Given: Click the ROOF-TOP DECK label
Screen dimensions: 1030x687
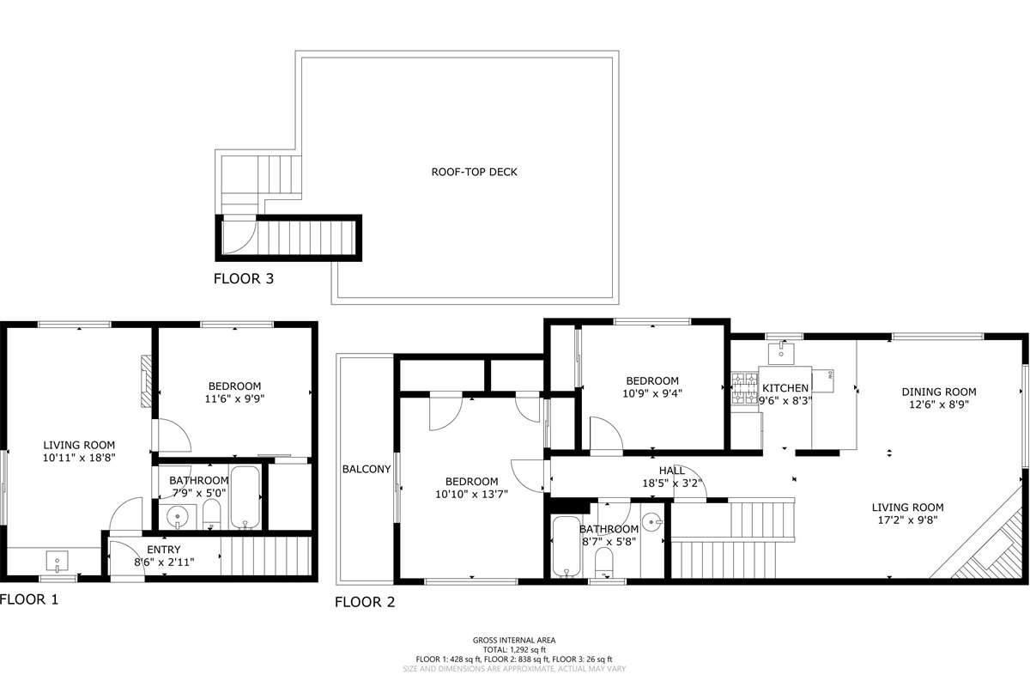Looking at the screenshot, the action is pos(474,172).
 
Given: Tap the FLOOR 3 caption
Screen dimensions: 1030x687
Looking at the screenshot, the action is pos(244,278).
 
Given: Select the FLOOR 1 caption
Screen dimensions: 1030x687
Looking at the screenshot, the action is pos(29,599).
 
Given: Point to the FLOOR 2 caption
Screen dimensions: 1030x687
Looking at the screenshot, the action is pos(365,602).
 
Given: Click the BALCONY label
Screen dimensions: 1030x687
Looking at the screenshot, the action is pos(367,469).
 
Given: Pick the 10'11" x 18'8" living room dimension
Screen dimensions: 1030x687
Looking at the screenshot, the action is pos(79,458).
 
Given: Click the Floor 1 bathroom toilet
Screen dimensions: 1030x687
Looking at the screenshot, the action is pos(211,515).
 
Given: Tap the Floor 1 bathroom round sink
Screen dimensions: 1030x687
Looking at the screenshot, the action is pos(178,517).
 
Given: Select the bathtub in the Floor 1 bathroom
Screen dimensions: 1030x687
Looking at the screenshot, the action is pos(245,498).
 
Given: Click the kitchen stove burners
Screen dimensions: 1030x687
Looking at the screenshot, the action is pos(744,388).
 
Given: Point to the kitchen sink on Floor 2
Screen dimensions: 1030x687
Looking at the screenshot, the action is pos(781,354).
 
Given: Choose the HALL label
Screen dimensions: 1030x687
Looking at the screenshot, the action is pos(672,471).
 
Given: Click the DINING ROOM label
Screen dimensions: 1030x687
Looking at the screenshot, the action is pos(938,392).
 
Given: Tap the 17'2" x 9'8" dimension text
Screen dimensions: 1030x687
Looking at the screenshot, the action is pos(908,520).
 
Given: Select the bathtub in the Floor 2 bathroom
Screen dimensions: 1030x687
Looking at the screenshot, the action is pos(566,547).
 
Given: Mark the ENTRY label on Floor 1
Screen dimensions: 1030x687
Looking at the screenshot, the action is pos(164,550).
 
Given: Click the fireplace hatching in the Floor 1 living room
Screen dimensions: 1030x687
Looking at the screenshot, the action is pos(146,381).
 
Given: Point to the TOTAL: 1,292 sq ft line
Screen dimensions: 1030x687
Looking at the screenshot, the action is pos(514,650).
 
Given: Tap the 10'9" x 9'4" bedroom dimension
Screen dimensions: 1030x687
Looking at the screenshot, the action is pos(652,393).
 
